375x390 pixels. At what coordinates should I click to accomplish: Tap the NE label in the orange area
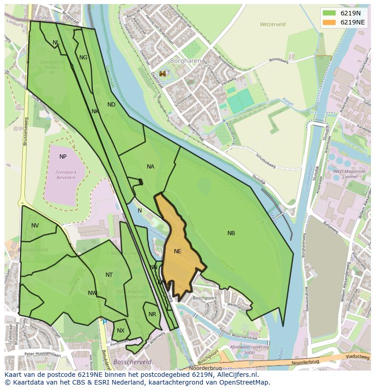(x=178, y=251)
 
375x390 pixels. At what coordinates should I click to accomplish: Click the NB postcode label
(x=231, y=233)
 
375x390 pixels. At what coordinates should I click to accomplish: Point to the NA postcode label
(x=150, y=167)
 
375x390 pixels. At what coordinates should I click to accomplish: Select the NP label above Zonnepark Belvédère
(x=63, y=157)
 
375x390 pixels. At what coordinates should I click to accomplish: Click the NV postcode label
(x=35, y=226)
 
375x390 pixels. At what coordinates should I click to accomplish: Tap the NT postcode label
(x=109, y=275)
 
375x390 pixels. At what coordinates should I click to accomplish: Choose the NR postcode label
(x=152, y=314)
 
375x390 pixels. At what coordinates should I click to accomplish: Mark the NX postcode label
(x=120, y=331)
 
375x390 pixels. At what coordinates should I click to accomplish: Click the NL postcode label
(x=56, y=43)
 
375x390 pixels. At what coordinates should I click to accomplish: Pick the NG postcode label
(x=83, y=58)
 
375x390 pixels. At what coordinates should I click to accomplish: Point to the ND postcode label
(x=111, y=105)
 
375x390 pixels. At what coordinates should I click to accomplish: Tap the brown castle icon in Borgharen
(x=163, y=73)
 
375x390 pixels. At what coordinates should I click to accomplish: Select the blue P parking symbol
(x=105, y=322)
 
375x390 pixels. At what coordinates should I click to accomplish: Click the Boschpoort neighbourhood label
(x=203, y=299)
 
